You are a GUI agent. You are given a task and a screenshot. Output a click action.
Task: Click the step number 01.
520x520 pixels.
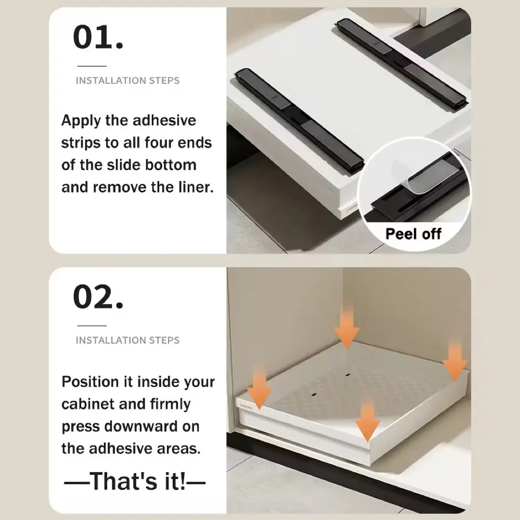98,37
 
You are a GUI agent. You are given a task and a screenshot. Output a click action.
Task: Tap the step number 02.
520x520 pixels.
98,296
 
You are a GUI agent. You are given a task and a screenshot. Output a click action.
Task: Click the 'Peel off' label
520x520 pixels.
413,234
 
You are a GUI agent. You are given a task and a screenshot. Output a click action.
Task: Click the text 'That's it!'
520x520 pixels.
137,480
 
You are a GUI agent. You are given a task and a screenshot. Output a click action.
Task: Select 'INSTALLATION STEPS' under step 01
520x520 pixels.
128,81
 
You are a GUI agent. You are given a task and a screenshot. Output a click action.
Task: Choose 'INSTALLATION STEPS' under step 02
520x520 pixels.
128,340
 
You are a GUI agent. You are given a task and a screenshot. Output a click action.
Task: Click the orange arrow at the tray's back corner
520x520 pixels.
346,328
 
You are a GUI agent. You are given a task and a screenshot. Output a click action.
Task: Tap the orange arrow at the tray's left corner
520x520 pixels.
259,386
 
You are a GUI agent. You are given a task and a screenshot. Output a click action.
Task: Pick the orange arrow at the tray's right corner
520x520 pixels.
455,362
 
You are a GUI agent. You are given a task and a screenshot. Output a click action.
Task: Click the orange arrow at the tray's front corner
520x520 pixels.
368,421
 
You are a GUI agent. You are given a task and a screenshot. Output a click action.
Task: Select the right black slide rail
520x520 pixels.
401,62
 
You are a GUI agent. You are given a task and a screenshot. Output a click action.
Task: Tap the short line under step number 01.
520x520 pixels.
92,66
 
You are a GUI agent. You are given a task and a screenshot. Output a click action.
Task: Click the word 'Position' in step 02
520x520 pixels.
90,382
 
